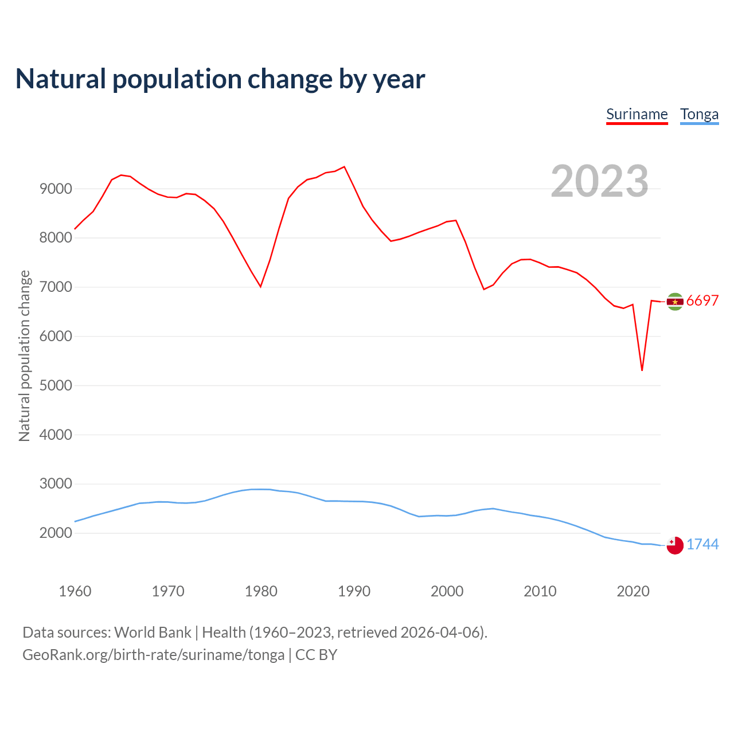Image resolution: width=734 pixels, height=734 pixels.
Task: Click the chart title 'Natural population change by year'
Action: coord(220,79)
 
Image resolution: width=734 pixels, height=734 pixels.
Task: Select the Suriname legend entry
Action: coord(637,114)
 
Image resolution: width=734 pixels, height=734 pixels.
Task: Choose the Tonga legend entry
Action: coord(699,114)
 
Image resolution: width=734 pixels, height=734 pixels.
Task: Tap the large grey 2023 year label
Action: coord(599,181)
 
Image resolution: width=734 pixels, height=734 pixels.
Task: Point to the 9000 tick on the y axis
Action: coord(56,189)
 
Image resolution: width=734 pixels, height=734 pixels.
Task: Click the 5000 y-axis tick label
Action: coord(56,385)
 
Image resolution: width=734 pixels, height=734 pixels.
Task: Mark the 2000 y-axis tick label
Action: coord(56,533)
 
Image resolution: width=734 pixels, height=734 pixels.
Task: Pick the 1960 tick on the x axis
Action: coord(75,591)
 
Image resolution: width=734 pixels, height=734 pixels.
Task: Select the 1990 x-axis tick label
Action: coord(354,591)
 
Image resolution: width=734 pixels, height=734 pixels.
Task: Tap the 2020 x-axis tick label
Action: coord(633,591)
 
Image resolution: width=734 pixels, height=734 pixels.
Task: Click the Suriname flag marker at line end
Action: coord(675,302)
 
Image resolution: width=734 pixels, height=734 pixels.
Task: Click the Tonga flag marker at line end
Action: coord(675,545)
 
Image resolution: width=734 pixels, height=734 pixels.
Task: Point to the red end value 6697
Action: coord(702,301)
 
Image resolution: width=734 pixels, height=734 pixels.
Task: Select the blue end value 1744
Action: coord(702,545)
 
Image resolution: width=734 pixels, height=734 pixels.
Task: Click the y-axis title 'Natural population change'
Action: coord(24,356)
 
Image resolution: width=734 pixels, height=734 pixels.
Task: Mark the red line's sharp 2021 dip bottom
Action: coord(642,370)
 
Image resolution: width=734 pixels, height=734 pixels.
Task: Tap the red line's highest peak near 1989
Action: coord(344,167)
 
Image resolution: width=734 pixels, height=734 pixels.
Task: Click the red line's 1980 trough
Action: coord(260,286)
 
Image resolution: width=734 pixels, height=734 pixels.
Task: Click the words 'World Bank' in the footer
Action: coord(153,633)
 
